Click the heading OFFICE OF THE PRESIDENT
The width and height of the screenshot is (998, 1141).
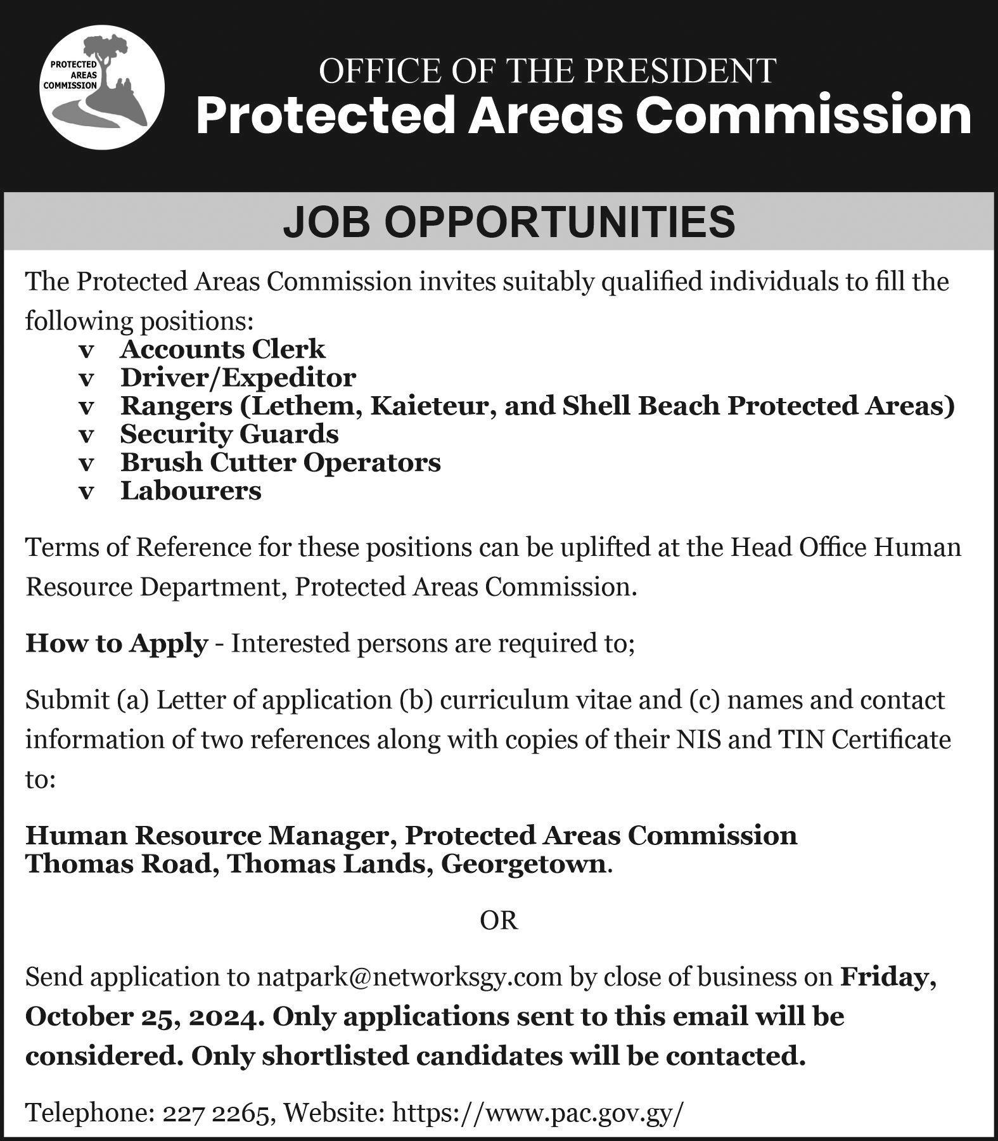(547, 70)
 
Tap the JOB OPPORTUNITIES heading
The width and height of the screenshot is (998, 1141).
(509, 221)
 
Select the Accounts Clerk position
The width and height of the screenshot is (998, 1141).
(222, 349)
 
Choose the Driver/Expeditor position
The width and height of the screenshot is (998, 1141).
(238, 377)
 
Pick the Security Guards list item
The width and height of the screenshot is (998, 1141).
(229, 434)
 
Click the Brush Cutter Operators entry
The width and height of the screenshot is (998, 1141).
(281, 462)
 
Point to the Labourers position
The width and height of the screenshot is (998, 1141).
(191, 491)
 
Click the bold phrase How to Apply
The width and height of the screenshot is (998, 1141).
(117, 643)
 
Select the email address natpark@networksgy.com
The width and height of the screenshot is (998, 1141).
(409, 977)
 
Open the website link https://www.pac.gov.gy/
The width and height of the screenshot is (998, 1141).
(539, 1112)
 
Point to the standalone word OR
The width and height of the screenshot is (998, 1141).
(499, 920)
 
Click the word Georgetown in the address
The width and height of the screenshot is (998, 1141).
(523, 864)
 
